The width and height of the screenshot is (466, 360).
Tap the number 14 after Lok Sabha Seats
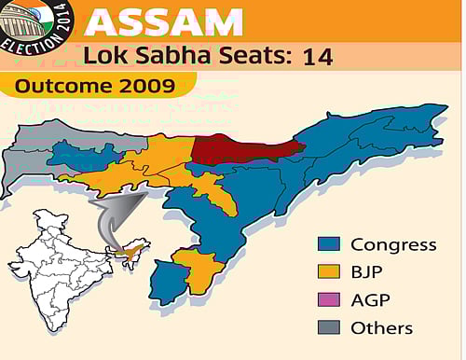tap(318, 57)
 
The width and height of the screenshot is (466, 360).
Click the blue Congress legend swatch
tap(327, 245)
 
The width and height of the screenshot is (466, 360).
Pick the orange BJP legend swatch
tap(327, 273)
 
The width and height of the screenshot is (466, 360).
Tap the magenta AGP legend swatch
tap(327, 300)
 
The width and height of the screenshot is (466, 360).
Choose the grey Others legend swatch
tap(327, 328)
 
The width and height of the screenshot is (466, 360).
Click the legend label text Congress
tap(393, 245)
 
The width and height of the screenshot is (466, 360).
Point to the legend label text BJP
tap(368, 273)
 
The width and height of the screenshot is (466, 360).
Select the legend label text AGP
tap(370, 300)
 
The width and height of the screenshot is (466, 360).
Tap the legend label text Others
tap(381, 328)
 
